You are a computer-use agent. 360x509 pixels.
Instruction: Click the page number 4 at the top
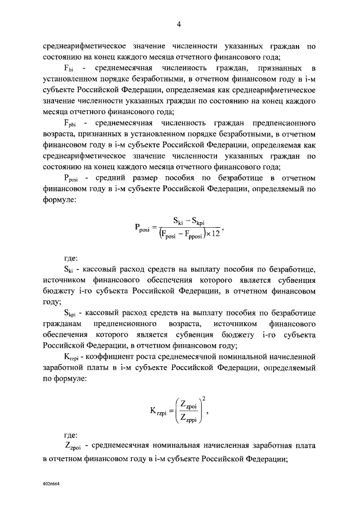179,23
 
